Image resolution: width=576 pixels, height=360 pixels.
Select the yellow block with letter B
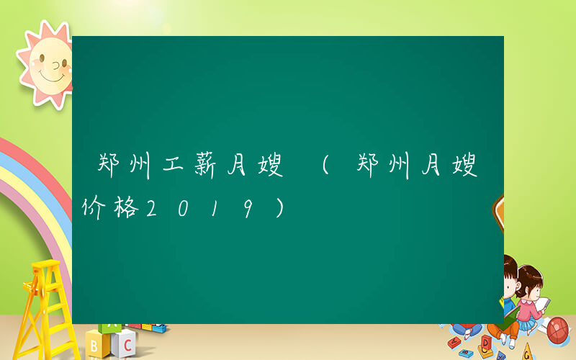click(x=94, y=344)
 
